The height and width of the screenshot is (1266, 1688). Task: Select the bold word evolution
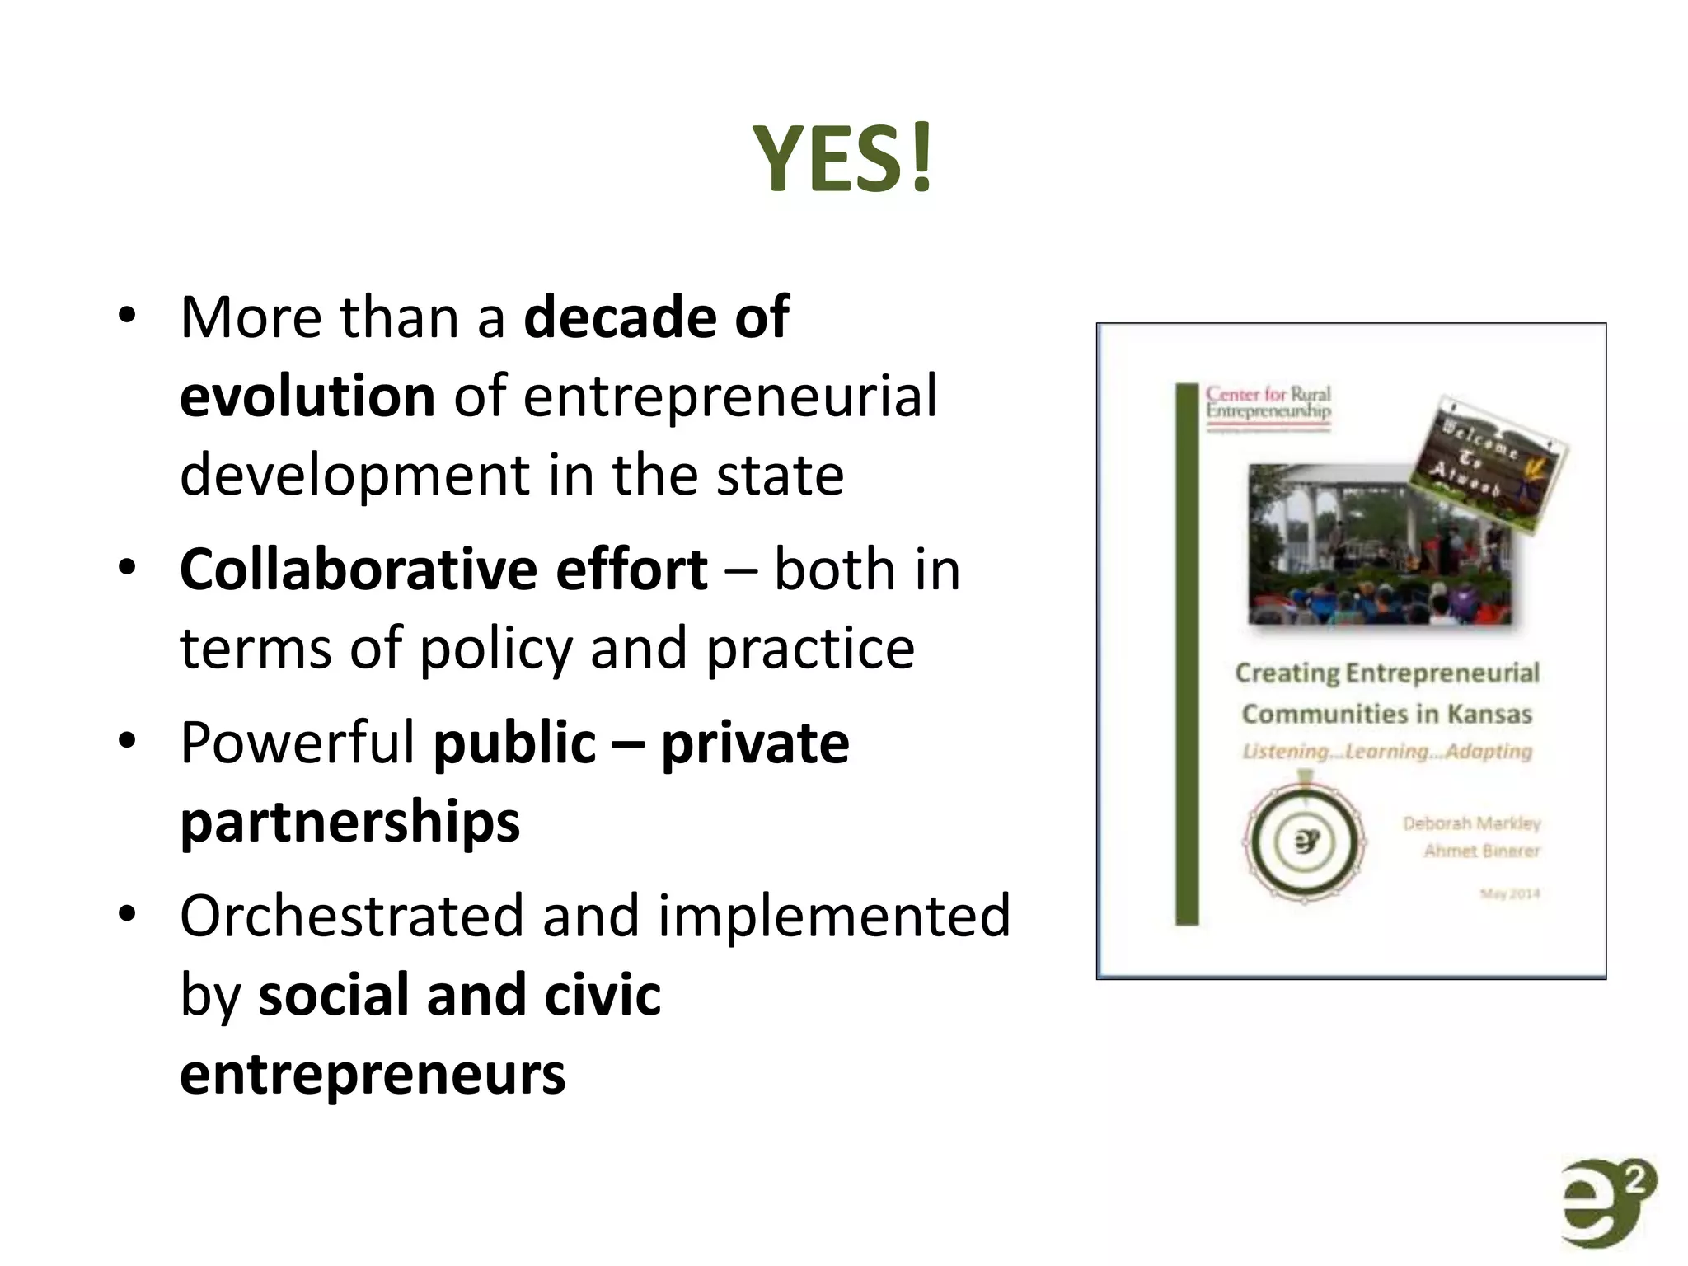tap(307, 396)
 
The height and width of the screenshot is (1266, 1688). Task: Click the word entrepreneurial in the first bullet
tap(729, 396)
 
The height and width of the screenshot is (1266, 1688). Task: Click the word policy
tap(495, 649)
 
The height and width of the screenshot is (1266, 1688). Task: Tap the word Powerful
tap(298, 743)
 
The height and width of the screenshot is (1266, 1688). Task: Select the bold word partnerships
tap(350, 822)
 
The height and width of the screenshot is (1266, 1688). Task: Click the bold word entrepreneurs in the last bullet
tap(373, 1075)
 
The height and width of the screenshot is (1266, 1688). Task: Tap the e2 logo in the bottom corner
tap(1607, 1203)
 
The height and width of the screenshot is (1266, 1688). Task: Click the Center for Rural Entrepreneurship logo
tap(1268, 405)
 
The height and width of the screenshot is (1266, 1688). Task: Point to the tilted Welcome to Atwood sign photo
tap(1489, 462)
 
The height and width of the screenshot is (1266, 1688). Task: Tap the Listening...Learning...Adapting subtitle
tap(1387, 752)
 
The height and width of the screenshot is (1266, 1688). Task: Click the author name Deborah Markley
tap(1471, 823)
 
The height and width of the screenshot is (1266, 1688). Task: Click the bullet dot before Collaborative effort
tap(126, 568)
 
